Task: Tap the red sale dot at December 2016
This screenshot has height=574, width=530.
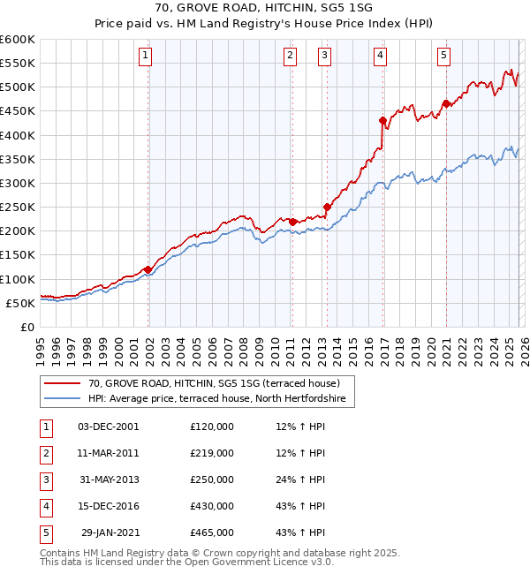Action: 382,120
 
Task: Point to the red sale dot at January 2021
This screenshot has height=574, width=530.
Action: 446,103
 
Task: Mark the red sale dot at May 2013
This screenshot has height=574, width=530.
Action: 327,207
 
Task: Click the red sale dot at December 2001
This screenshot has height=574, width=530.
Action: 148,269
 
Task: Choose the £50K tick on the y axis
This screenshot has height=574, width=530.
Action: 21,303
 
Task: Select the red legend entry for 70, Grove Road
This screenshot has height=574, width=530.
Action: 221,383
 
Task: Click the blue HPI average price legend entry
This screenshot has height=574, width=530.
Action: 221,399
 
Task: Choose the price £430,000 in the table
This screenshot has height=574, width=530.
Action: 212,506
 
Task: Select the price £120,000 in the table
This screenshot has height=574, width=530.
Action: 212,427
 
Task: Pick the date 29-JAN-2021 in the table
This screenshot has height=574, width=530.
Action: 110,532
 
